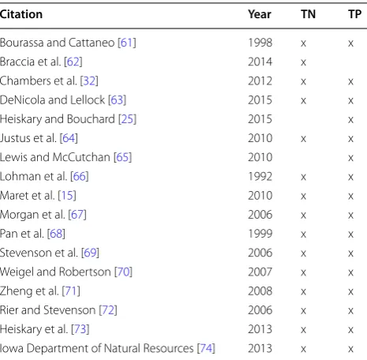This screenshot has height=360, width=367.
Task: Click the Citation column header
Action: point(21,14)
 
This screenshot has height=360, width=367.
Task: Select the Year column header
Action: point(260,14)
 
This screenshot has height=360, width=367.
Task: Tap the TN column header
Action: point(308,14)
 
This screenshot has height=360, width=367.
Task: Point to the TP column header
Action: point(354,14)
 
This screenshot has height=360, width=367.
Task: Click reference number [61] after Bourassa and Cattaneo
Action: point(127,43)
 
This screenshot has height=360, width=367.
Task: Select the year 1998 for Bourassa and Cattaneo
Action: point(260,43)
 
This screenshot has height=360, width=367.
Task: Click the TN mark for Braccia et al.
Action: point(303,62)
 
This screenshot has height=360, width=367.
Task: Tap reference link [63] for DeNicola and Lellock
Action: point(117,100)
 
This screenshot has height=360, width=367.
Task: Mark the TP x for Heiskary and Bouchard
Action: point(350,120)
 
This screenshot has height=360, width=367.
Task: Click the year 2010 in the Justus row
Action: point(260,138)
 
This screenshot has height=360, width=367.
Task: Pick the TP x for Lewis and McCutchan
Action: point(350,158)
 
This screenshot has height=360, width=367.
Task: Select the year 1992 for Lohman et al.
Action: point(260,176)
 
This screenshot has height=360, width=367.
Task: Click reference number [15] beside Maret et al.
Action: point(67,196)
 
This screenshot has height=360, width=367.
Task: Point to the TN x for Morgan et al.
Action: point(303,216)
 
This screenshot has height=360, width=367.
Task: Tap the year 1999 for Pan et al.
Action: point(260,234)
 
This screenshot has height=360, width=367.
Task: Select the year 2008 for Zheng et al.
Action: point(260,291)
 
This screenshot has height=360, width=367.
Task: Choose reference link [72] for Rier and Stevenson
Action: point(108,310)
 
